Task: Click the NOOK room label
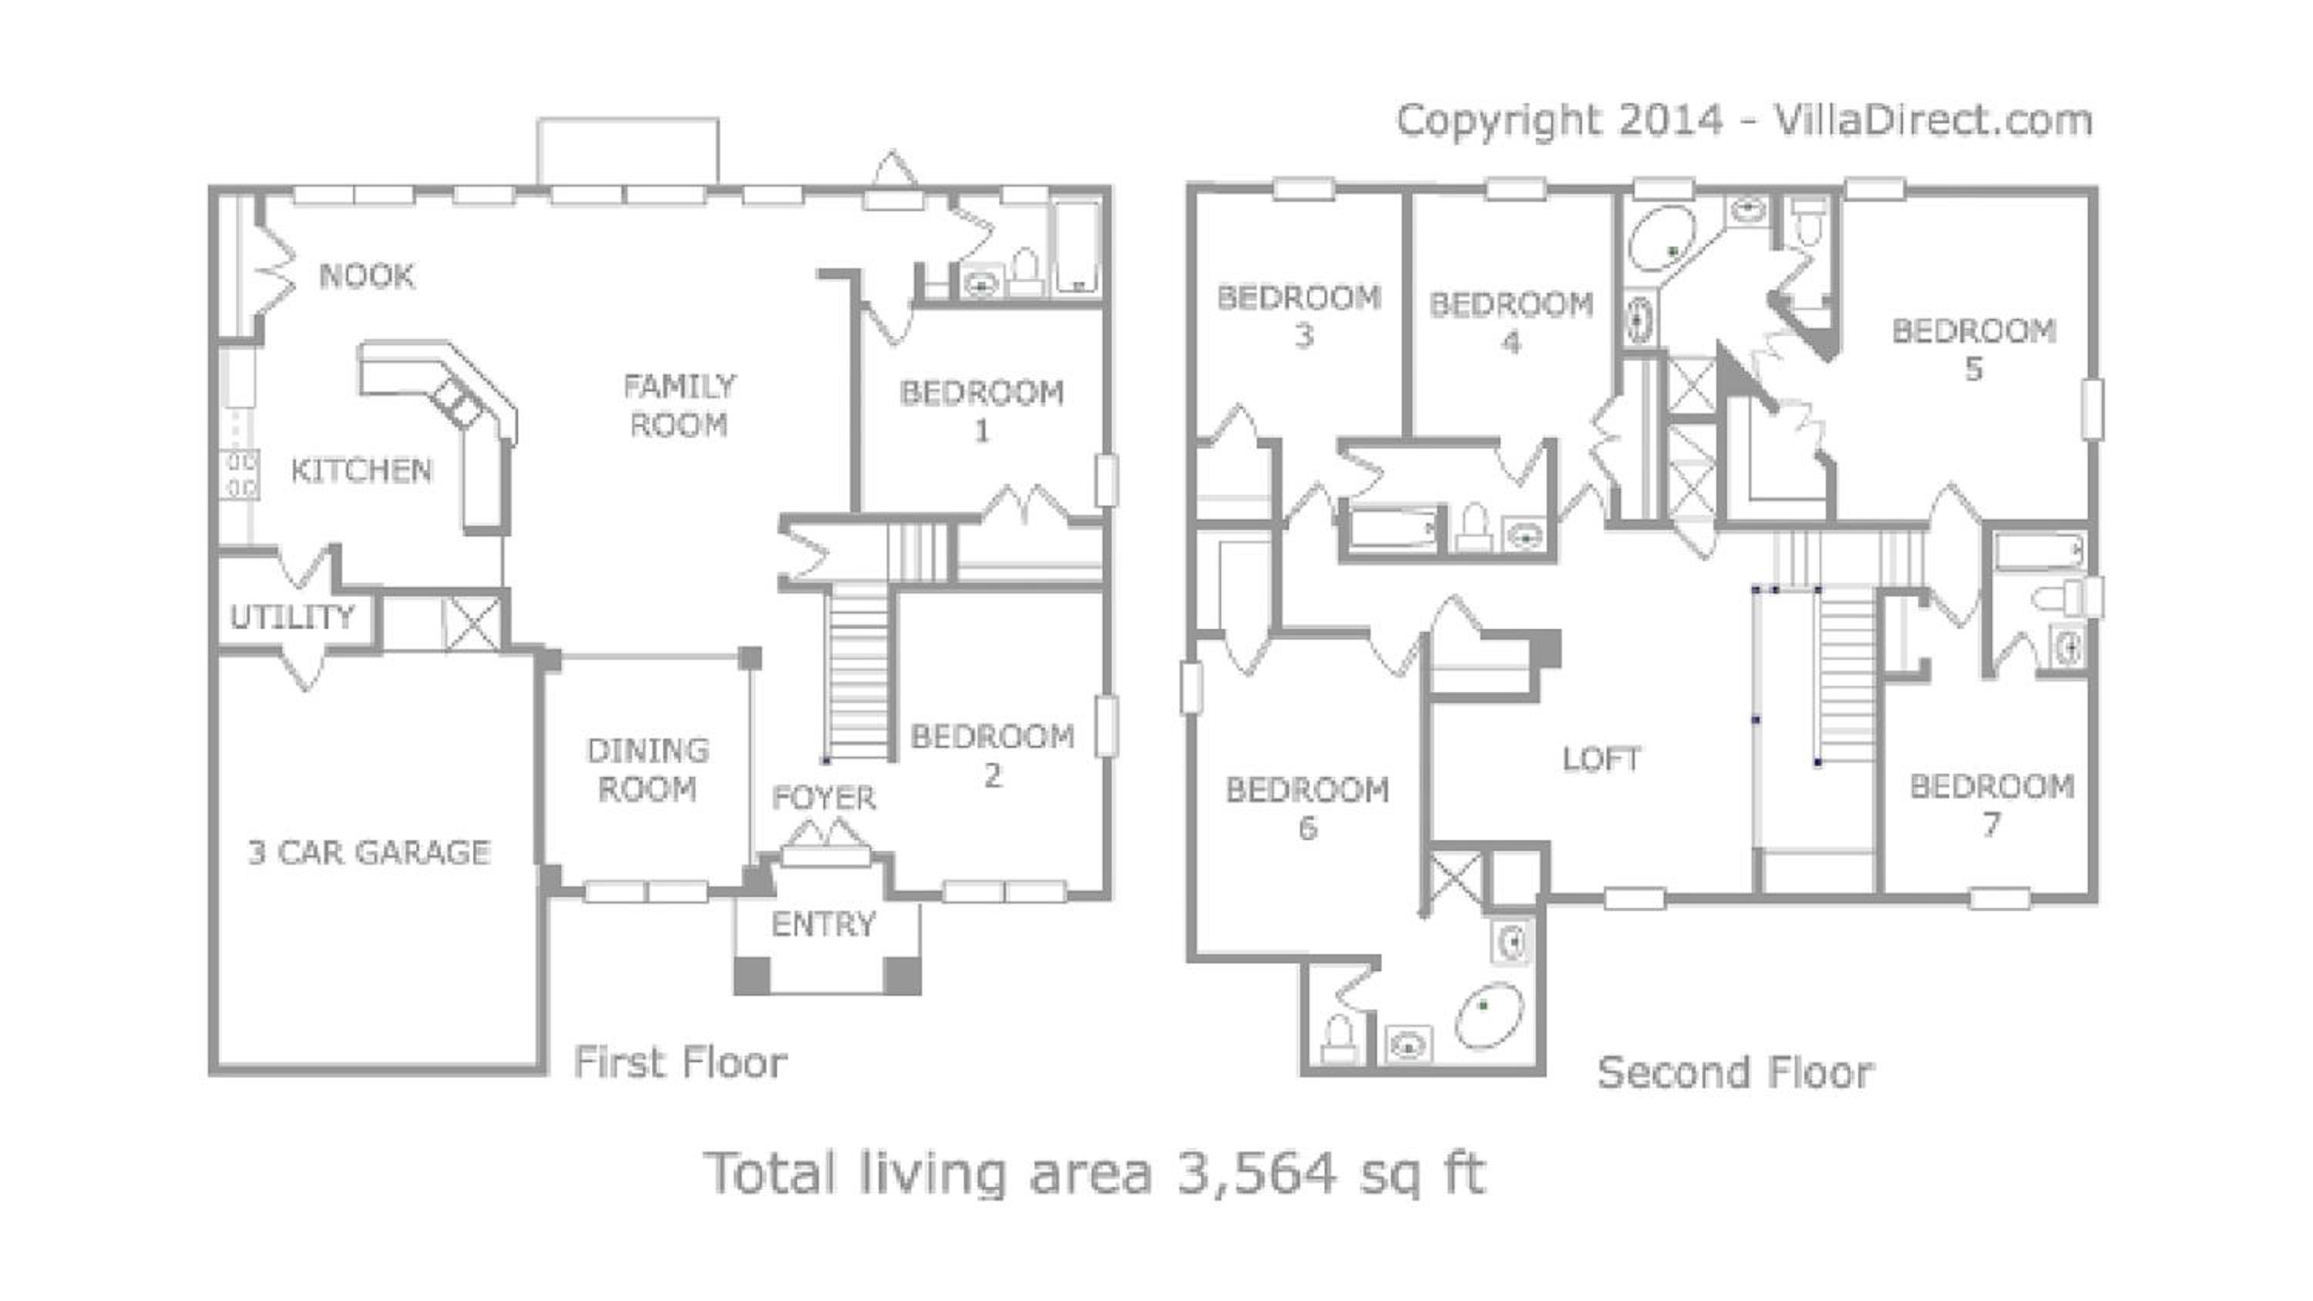pos(367,276)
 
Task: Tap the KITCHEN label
pos(361,470)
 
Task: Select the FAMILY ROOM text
pos(678,406)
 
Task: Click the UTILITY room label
pos(291,617)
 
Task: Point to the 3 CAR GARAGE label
pos(369,852)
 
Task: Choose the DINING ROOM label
pos(648,769)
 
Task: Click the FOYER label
pos(823,797)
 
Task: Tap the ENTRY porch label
pos(823,924)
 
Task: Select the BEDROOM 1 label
pos(981,412)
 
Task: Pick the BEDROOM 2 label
pos(992,756)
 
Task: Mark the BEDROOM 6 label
pos(1308,808)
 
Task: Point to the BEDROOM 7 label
pos(1991,805)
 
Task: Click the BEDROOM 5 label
pos(1974,349)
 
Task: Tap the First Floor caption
pos(681,1062)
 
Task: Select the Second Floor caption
pos(1736,1072)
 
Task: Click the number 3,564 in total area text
pos(1257,1172)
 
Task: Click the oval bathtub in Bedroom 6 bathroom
pos(1489,1017)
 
